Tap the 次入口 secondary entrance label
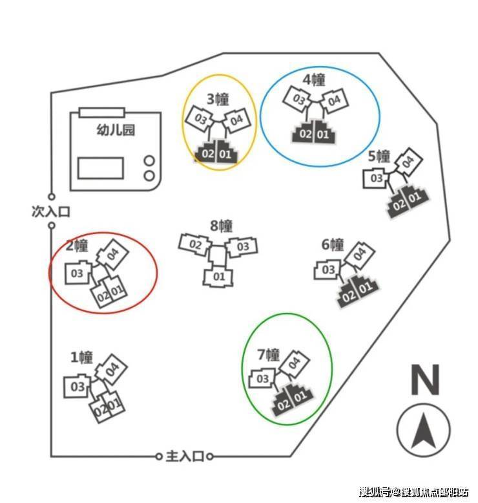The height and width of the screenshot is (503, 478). click(x=50, y=211)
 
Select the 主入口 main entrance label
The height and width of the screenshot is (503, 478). click(x=185, y=456)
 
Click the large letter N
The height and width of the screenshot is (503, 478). click(x=424, y=380)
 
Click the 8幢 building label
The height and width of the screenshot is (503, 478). click(x=221, y=226)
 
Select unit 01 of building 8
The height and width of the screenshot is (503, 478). click(x=218, y=277)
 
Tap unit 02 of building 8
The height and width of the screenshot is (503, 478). click(x=196, y=245)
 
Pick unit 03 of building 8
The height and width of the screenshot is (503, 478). click(x=242, y=247)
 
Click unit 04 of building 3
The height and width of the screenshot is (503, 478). click(x=236, y=120)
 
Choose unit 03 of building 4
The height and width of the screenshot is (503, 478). click(x=299, y=100)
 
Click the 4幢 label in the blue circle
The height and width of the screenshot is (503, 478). click(x=314, y=80)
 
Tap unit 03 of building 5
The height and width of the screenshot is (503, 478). click(x=377, y=178)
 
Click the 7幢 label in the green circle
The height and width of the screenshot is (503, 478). click(x=268, y=354)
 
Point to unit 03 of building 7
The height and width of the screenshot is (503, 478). click(x=264, y=379)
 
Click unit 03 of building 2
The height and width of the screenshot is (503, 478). click(x=77, y=273)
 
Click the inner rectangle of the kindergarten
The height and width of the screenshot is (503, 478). click(x=100, y=167)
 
